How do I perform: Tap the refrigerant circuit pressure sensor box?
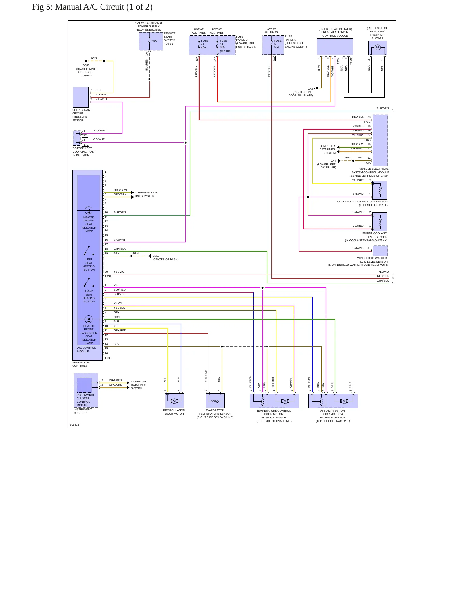point(81,97)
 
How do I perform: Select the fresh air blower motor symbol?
point(378,48)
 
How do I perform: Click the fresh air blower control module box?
point(335,47)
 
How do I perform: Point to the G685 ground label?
point(86,65)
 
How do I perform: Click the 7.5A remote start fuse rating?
point(154,41)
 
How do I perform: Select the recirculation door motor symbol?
point(174,401)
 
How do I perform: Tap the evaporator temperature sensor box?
point(215,400)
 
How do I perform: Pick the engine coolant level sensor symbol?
point(380,222)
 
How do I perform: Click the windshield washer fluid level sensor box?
point(380,250)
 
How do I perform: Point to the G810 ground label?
point(156,256)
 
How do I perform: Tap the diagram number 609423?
point(74,425)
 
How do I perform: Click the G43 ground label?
point(310,89)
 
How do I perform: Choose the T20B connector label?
point(108,276)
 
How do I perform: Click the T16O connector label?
point(108,358)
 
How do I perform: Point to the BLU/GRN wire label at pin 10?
point(120,212)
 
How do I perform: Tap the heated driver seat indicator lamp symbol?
point(89,211)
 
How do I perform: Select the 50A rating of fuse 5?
point(277,47)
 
